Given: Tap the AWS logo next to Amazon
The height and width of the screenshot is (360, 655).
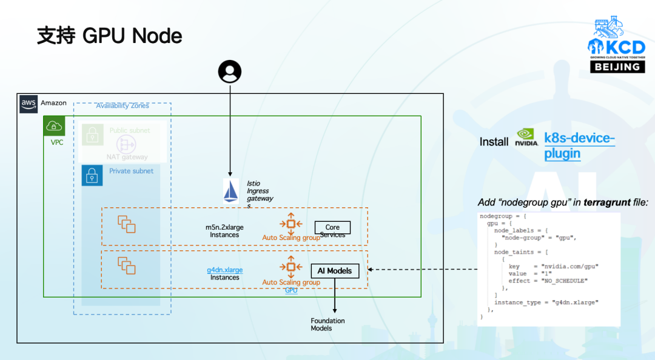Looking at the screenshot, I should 29,104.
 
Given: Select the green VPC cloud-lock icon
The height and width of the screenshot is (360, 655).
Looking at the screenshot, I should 54,126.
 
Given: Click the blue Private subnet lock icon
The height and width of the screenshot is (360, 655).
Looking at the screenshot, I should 92,176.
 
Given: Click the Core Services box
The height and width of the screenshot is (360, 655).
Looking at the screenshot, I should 332,228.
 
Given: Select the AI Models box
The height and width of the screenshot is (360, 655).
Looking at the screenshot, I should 334,271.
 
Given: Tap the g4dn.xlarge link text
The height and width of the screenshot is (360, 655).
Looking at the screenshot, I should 224,270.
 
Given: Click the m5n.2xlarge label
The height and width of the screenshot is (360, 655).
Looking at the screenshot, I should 224,227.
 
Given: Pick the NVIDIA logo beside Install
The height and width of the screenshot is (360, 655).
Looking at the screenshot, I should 526,138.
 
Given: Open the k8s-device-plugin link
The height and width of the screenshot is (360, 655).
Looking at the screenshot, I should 579,145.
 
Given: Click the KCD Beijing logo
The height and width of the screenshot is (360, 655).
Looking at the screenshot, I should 617,46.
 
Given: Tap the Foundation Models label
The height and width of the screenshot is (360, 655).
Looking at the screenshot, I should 327,324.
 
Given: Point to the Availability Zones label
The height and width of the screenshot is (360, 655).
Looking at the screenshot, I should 122,105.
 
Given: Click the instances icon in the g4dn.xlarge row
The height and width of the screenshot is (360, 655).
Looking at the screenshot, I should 126,266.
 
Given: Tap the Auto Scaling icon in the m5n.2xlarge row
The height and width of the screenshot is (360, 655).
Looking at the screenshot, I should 291,224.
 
